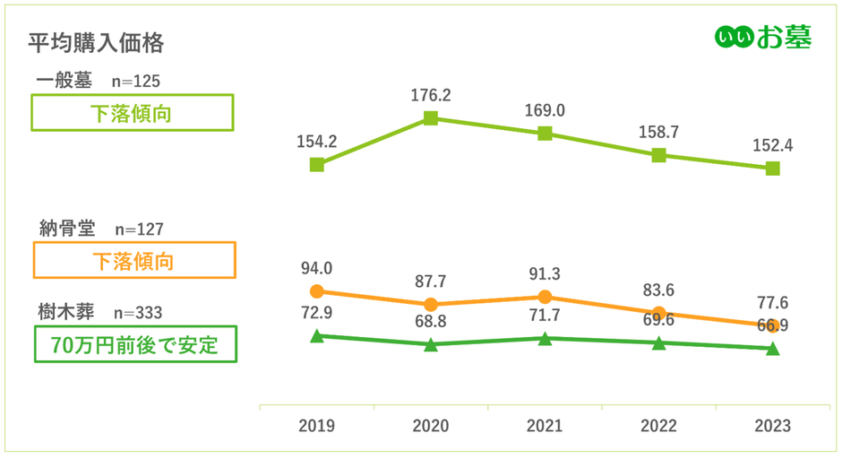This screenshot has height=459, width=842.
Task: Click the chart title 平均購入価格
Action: point(95,42)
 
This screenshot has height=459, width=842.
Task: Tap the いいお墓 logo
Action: point(763,37)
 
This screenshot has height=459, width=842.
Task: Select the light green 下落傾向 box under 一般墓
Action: point(133,114)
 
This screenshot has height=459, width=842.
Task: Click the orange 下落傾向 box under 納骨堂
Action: point(133,261)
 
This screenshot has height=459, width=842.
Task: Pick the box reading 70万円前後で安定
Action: point(135,343)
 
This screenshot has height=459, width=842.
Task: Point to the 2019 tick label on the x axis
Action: point(316,426)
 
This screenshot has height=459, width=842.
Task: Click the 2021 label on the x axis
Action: point(545,426)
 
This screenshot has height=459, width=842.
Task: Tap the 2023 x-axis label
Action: point(772,426)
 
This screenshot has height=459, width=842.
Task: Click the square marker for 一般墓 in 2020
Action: point(431,118)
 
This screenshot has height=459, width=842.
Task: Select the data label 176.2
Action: point(431,94)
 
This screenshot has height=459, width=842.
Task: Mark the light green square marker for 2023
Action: point(773,169)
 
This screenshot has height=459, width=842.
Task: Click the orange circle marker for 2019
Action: point(316,291)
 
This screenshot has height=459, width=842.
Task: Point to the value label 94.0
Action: point(316,267)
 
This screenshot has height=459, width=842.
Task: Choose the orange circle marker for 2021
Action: point(545,297)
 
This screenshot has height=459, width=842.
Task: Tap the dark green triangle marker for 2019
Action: point(316,336)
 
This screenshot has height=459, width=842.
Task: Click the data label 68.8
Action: point(431,320)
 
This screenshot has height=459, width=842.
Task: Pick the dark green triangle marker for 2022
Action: point(659,343)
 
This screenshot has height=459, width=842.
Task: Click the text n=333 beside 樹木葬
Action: point(139,313)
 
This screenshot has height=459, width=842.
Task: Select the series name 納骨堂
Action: point(66,229)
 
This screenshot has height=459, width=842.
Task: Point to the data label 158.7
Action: point(659,132)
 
